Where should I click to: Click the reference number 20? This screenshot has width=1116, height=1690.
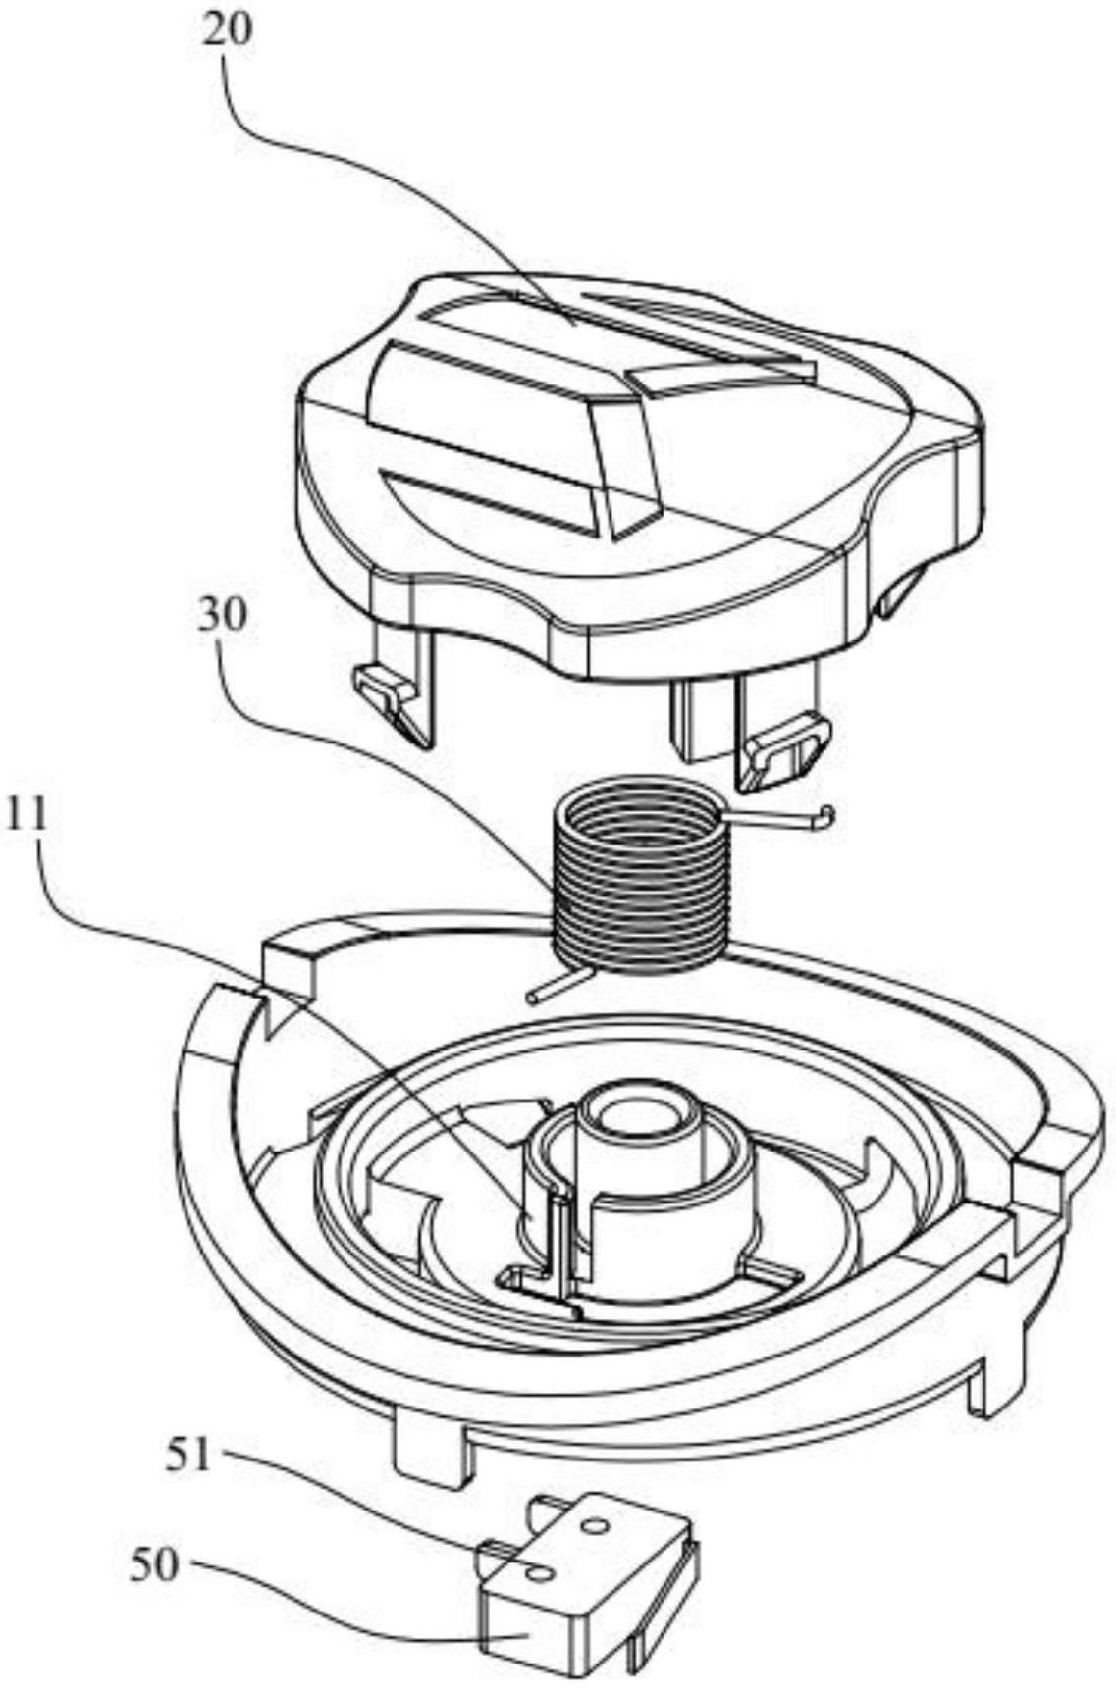[227, 30]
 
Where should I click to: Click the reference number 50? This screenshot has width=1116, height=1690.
[154, 1565]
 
